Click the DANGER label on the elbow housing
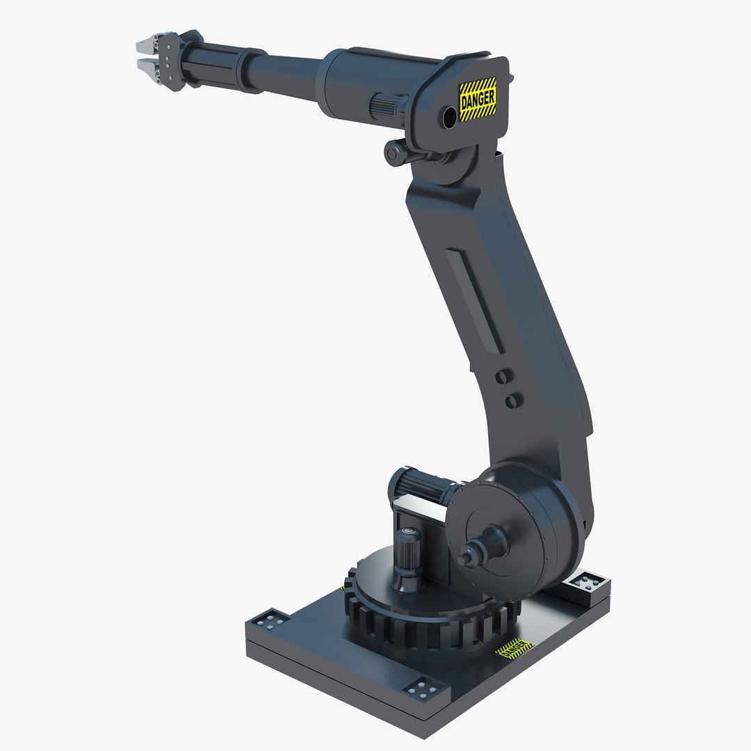click(478, 99)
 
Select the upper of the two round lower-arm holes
click(501, 376)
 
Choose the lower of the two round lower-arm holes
click(512, 401)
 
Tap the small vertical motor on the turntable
click(405, 556)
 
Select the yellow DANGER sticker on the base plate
click(514, 648)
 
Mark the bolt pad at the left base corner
click(270, 618)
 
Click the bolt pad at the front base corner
click(423, 691)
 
